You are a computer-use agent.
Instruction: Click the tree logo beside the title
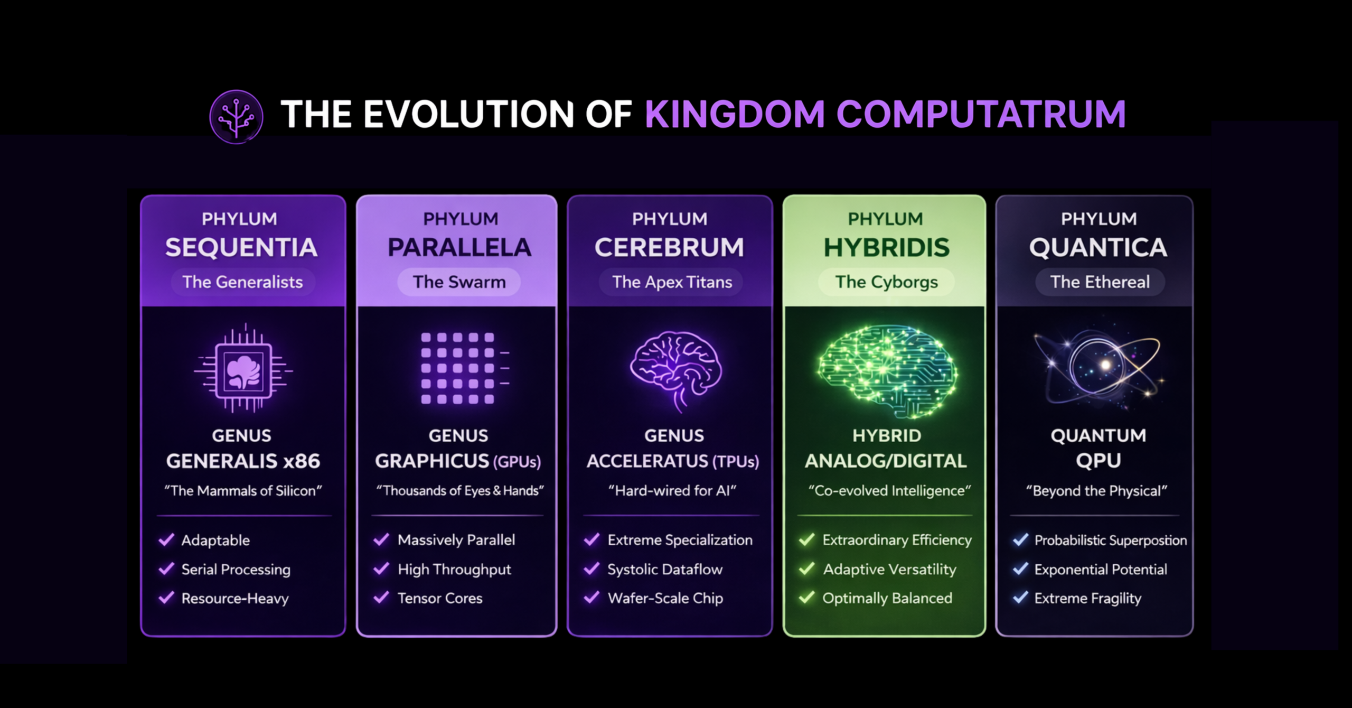pos(236,116)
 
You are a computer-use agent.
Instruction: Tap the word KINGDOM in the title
pos(735,114)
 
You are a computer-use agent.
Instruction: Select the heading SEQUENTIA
pos(241,247)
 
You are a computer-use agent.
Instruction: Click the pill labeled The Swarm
pos(459,282)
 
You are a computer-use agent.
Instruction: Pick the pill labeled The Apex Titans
pos(672,282)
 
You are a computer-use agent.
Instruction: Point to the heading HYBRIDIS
pos(887,247)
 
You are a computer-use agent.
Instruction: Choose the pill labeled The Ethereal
pos(1100,282)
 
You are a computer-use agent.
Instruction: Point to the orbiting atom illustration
pos(1098,367)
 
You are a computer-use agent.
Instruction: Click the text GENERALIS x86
pos(243,461)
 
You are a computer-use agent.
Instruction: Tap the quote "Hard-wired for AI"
pos(672,491)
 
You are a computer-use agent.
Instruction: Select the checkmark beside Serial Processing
pos(166,569)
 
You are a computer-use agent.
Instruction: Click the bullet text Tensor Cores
pos(440,598)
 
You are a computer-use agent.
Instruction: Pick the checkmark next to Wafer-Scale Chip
pos(591,598)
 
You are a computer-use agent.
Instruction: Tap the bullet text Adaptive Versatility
pos(889,569)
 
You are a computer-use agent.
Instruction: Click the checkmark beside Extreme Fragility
pos(1020,598)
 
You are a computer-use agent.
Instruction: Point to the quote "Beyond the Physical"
pos(1096,491)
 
